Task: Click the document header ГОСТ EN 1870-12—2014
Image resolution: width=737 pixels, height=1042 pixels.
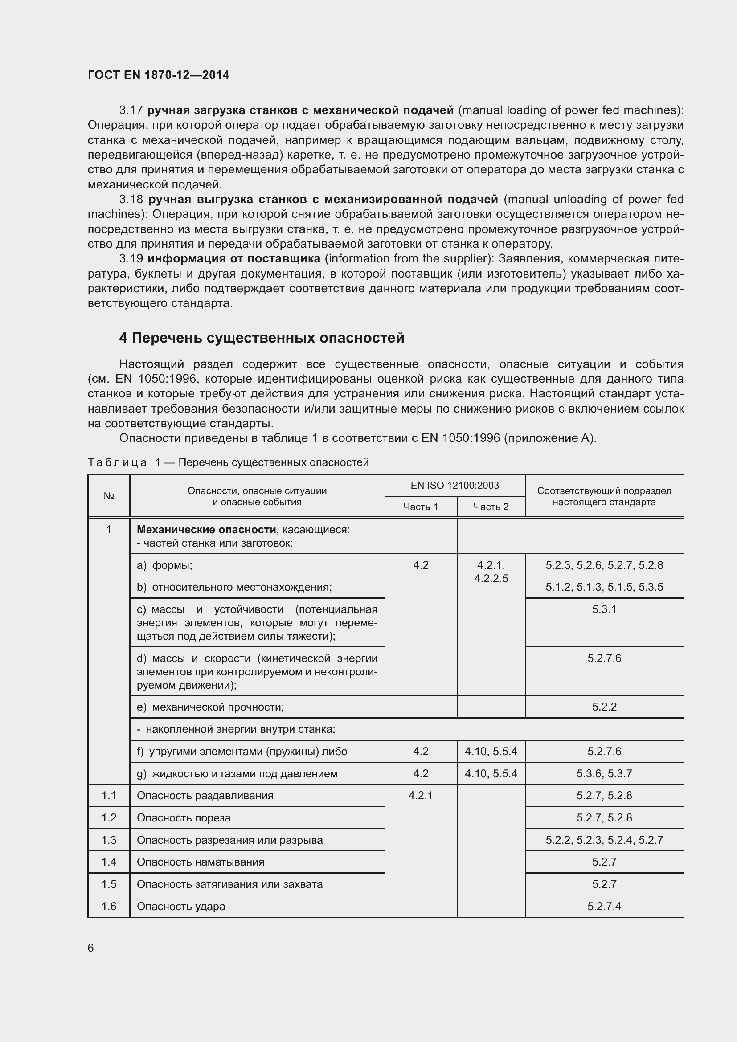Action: coord(158,75)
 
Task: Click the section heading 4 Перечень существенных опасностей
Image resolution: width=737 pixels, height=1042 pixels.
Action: coord(262,338)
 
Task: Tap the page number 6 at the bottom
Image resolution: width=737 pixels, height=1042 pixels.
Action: coord(91,948)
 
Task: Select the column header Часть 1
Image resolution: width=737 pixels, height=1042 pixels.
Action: coord(420,507)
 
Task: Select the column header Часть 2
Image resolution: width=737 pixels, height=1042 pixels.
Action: coord(491,507)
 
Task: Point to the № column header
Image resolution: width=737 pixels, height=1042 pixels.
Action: coord(108,496)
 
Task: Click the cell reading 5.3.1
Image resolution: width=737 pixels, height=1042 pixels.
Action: coord(604,609)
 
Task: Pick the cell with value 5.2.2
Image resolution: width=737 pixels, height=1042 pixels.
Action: coord(604,707)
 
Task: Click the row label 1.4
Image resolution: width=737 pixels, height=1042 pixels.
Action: coord(108,862)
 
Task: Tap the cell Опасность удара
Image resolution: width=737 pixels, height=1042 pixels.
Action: coord(180,906)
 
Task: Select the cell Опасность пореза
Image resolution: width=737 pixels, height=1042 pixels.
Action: coord(183,818)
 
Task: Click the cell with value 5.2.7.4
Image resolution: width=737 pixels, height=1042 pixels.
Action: coord(604,906)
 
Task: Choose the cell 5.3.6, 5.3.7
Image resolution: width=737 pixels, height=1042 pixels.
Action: coord(604,773)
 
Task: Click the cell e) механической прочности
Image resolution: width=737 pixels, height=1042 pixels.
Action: coord(210,707)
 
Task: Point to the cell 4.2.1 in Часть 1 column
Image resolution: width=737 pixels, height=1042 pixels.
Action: coord(420,795)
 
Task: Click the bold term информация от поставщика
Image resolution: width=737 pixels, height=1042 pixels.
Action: coord(234,259)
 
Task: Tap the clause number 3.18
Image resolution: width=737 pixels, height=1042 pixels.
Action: coord(131,199)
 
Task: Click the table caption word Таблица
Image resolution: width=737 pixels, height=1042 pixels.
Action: coord(117,462)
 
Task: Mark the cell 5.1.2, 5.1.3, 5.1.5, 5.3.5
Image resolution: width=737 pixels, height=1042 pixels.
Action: coord(604,587)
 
